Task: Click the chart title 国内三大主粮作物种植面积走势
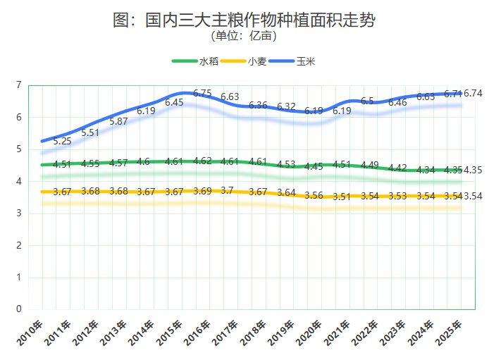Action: coord(244,20)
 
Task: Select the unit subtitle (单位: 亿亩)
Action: coord(244,36)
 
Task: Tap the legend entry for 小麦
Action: coord(244,61)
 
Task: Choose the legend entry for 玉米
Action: coord(292,61)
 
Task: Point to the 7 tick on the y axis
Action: coord(18,85)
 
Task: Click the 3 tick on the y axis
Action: coord(18,213)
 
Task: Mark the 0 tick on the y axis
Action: coord(18,309)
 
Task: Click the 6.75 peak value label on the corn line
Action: coord(202,93)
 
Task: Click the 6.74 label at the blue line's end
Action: coord(473,93)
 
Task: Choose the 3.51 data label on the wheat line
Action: coord(342,197)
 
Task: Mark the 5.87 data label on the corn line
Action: coord(118,121)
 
